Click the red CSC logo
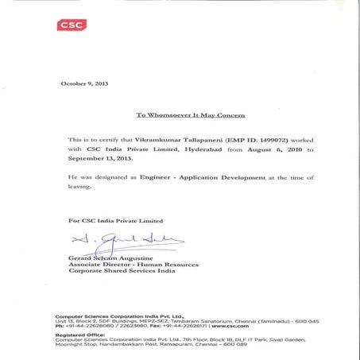tap(72, 25)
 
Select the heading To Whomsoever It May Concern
tap(185, 115)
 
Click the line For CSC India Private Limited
tap(116, 220)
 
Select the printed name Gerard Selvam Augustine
tap(110, 257)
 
